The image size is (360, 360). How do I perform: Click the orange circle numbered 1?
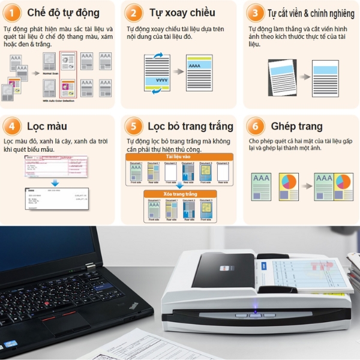point(13,13)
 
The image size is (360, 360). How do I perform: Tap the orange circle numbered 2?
point(134,13)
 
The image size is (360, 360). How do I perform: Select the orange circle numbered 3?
point(254,13)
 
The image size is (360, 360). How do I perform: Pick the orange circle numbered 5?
point(133,127)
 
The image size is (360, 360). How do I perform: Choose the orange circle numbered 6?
point(256,127)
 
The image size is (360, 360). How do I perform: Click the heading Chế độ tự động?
point(63,13)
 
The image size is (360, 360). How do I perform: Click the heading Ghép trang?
point(296,127)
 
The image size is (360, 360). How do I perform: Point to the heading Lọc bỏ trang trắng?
point(190,127)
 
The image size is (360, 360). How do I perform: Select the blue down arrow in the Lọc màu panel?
point(55,182)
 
